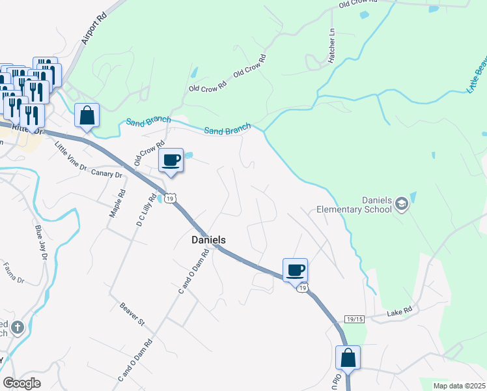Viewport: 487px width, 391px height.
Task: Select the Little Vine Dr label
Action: tap(70, 156)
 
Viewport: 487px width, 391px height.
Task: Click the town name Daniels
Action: tap(208, 240)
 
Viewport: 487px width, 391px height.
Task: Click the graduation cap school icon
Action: tap(401, 204)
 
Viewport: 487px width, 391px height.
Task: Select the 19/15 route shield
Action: tap(355, 319)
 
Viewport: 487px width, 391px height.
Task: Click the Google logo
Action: tap(22, 383)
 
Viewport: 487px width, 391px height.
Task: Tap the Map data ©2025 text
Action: tap(458, 386)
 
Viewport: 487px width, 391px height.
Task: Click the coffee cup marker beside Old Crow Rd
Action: tap(171, 160)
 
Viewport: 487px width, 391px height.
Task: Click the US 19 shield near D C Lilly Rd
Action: tap(170, 198)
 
